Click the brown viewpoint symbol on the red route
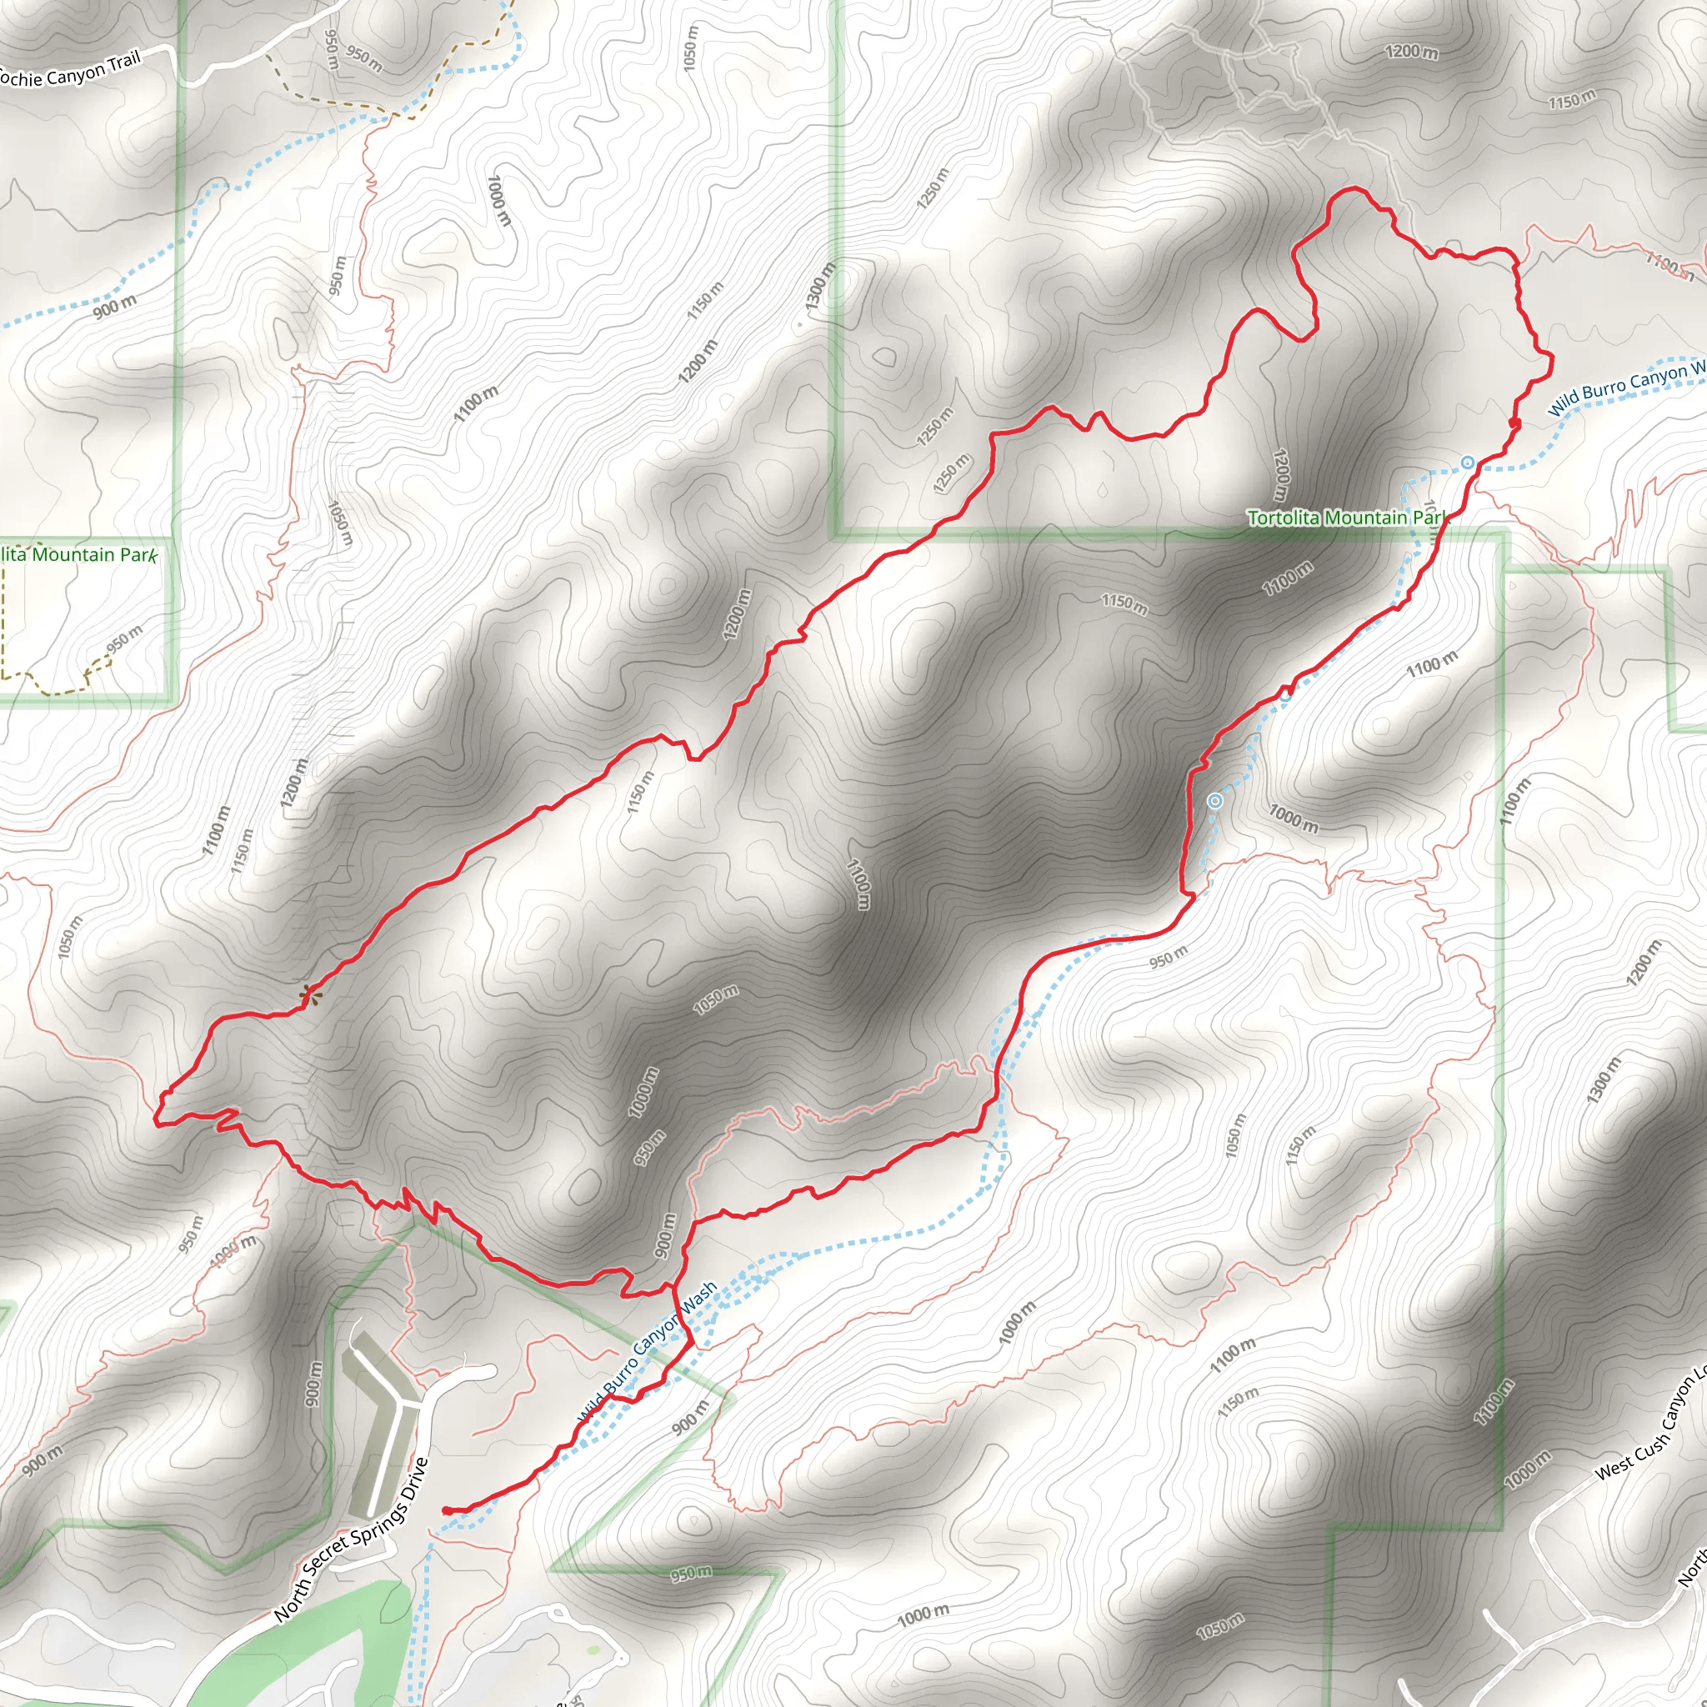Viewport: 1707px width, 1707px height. point(308,996)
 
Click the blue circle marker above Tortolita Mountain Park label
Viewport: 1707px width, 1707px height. point(1467,461)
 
